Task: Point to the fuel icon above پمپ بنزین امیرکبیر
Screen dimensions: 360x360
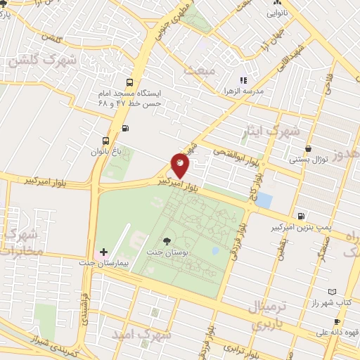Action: [x=301, y=216]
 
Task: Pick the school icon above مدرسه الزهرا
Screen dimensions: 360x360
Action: [x=243, y=81]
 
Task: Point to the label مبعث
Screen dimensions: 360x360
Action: [x=199, y=69]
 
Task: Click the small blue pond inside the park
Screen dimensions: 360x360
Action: [x=215, y=250]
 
